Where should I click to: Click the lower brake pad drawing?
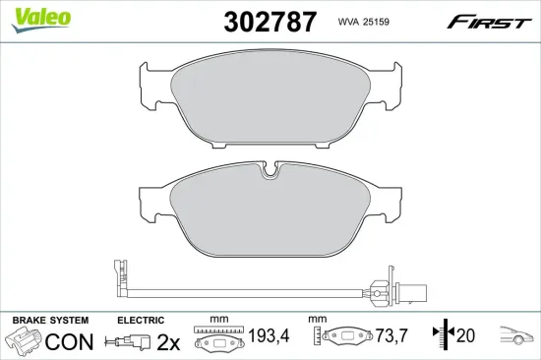coord(270,213)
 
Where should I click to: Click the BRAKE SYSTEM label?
coord(49,322)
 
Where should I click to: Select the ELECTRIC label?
coord(140,322)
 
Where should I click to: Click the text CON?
coord(72,343)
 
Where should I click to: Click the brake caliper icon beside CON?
coord(25,343)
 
